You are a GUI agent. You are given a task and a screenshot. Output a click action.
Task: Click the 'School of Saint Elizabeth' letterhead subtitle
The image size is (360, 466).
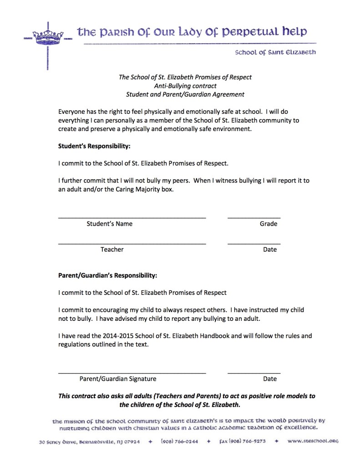tap(275, 52)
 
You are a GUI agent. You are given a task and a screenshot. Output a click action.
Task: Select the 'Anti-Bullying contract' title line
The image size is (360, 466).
tap(185, 86)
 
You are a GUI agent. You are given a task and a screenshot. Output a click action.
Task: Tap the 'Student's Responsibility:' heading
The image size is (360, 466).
tap(94, 146)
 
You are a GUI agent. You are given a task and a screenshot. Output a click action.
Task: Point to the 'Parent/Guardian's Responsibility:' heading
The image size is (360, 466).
tap(108, 276)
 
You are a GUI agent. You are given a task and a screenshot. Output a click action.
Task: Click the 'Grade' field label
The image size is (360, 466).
tap(269, 224)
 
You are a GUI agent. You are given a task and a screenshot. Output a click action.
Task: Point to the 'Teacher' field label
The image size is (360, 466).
tap(112, 250)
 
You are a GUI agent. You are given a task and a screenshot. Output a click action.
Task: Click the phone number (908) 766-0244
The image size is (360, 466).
tap(179, 441)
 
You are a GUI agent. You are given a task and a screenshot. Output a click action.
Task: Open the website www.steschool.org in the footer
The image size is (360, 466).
tap(313, 441)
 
